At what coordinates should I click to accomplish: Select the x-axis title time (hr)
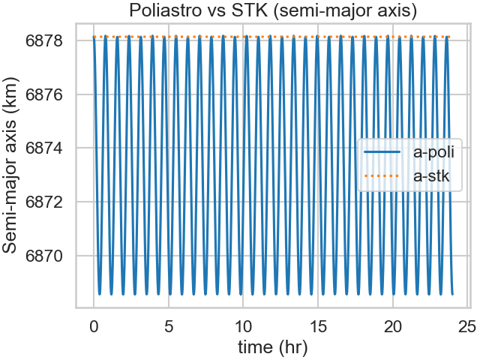point(271,348)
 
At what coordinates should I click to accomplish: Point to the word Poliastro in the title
point(163,11)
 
